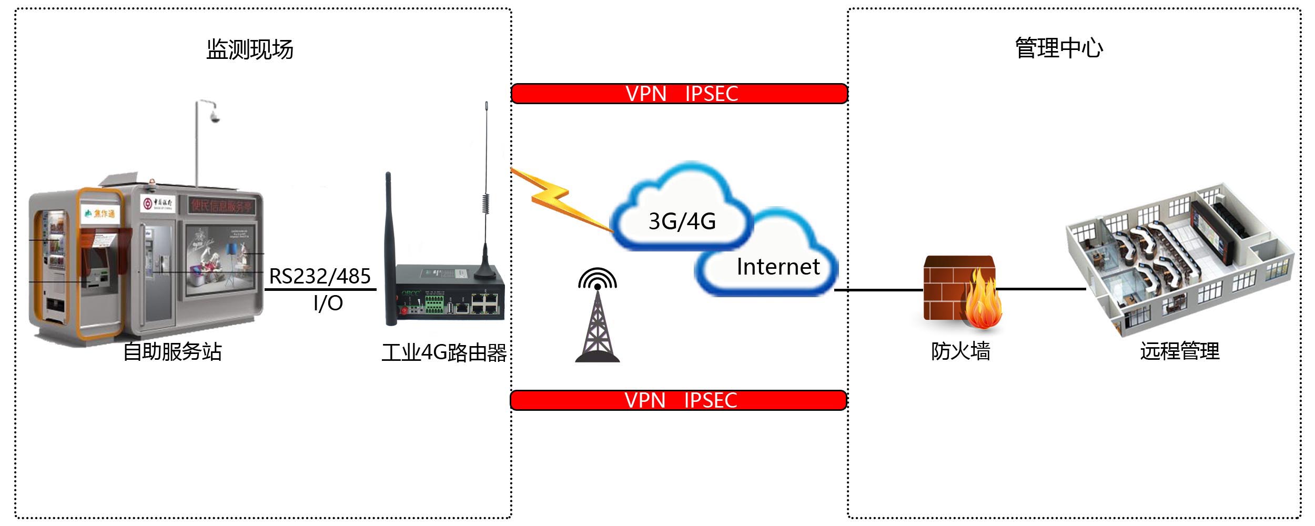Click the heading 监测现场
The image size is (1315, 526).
[x=250, y=49]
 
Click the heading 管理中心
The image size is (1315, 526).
[x=1058, y=48]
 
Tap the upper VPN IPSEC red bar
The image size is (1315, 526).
[x=679, y=94]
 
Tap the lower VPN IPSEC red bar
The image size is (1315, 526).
[x=678, y=400]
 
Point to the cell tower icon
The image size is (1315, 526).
[x=597, y=321]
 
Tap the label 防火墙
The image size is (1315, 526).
[x=960, y=351]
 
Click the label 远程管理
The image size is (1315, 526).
[x=1179, y=351]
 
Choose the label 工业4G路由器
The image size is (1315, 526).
[x=444, y=352]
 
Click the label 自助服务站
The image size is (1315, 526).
[x=173, y=351]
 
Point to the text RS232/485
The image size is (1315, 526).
[x=320, y=276]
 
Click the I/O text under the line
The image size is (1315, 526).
[x=328, y=304]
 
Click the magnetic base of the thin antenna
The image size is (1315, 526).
[x=484, y=271]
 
